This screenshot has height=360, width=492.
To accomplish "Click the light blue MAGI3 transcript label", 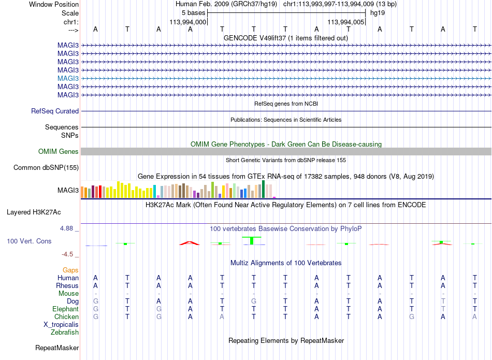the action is pos(68,78).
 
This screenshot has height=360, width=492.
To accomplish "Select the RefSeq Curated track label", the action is pos(55,111).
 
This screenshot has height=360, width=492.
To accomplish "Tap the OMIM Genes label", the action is pos(59,152).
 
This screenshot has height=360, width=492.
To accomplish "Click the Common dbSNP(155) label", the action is pos(46,168).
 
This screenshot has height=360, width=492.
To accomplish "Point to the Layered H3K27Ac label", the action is pos(34,212).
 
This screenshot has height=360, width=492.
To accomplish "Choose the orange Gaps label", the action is pos(70,270).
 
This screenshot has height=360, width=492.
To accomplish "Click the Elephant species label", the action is pos(66,309).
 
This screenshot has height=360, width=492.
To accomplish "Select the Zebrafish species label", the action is pos(65,333).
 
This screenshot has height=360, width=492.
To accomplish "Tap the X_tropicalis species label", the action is pos(61,325).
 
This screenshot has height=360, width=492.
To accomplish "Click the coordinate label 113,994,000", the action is pos(188,22).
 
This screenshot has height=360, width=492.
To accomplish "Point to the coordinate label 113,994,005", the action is pos(346,22).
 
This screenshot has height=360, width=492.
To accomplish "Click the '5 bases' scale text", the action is pos(193,13).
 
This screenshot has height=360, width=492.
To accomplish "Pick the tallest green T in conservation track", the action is pos(252,240).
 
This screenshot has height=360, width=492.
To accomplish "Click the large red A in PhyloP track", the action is pos(190,243).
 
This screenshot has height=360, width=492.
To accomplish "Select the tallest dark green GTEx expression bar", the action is pos(263,189).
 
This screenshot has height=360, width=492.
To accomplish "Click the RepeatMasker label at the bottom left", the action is pos(57,348).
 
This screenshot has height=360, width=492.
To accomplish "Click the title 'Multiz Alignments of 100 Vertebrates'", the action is pos(286,263).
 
